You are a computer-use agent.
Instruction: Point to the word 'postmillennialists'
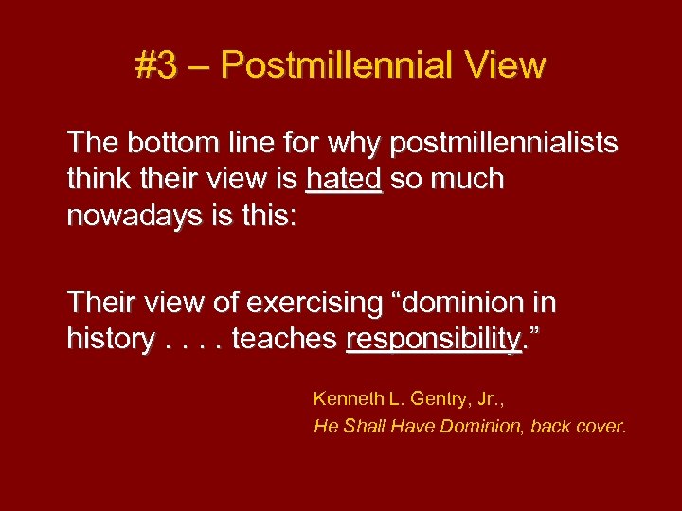click(x=503, y=144)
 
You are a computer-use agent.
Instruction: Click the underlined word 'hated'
click(x=344, y=179)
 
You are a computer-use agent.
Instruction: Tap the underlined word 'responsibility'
click(x=434, y=338)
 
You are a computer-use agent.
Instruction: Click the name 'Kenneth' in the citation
click(x=346, y=398)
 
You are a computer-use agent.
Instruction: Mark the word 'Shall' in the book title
click(x=361, y=426)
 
